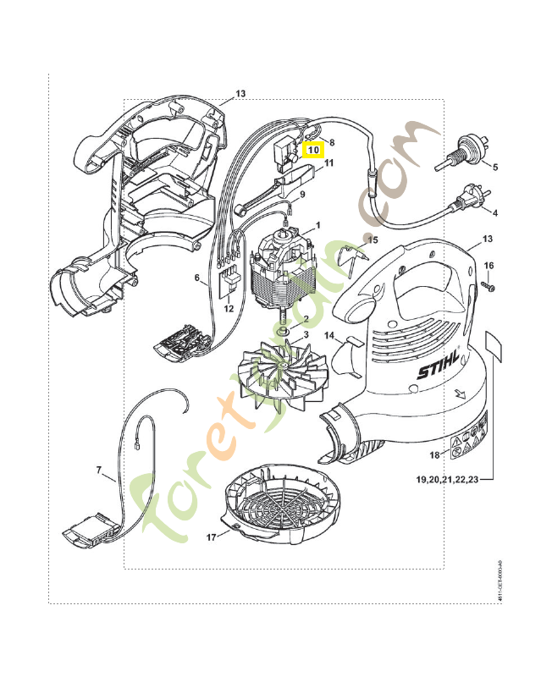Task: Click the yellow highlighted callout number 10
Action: [x=314, y=149]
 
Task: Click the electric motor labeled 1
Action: [x=280, y=271]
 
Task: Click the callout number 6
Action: [x=196, y=277]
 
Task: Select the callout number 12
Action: [x=229, y=309]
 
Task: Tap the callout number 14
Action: [x=331, y=335]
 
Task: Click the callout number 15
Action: [x=373, y=240]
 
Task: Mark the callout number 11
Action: [x=329, y=162]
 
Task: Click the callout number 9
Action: [x=325, y=194]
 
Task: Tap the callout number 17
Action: [x=211, y=537]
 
